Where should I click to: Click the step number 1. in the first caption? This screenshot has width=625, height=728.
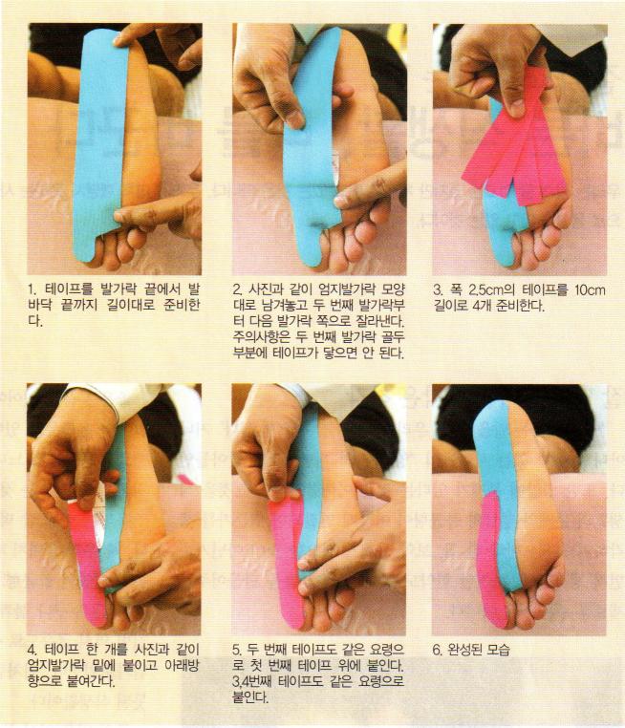pyautogui.click(x=32, y=290)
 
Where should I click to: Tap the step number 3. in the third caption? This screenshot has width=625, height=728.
pyautogui.click(x=439, y=290)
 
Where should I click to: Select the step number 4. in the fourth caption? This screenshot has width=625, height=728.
pyautogui.click(x=32, y=649)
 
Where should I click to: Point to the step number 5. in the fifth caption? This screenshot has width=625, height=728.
pyautogui.click(x=238, y=649)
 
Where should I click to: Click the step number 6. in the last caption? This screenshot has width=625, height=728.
pyautogui.click(x=438, y=649)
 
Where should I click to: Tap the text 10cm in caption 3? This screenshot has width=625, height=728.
pyautogui.click(x=590, y=290)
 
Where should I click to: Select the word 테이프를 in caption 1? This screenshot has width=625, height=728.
pyautogui.click(x=69, y=290)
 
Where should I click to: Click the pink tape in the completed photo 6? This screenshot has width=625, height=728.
pyautogui.click(x=491, y=557)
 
